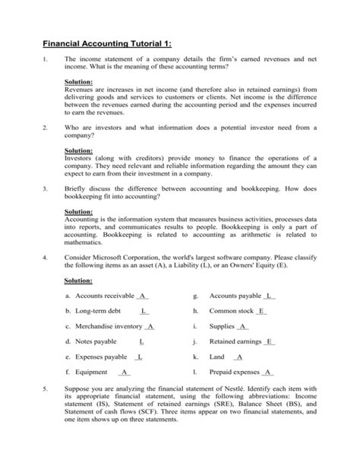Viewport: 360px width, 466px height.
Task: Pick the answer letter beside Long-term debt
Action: [x=144, y=311]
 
